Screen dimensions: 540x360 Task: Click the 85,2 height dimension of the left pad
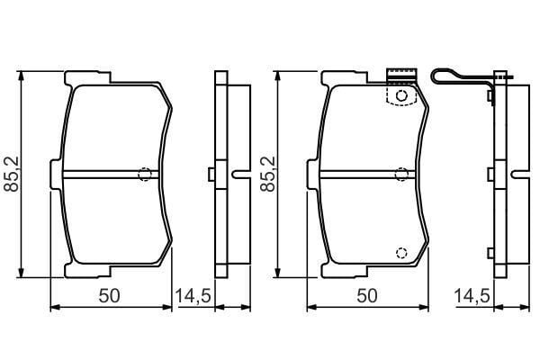pos(13,174)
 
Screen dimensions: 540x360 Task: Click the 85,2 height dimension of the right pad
pos(268,174)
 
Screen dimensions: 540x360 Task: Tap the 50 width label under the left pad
pos(109,296)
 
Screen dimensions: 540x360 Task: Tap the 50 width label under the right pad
pos(367,296)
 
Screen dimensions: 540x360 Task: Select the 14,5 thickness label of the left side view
pos(193,296)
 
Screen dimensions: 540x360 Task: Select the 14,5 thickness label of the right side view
pos(472,296)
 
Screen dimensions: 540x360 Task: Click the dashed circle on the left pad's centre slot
pos(145,175)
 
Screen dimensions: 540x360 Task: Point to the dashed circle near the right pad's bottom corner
pos(401,253)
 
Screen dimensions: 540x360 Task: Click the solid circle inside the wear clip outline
pos(401,95)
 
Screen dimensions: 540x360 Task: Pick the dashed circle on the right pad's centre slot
pos(401,175)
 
